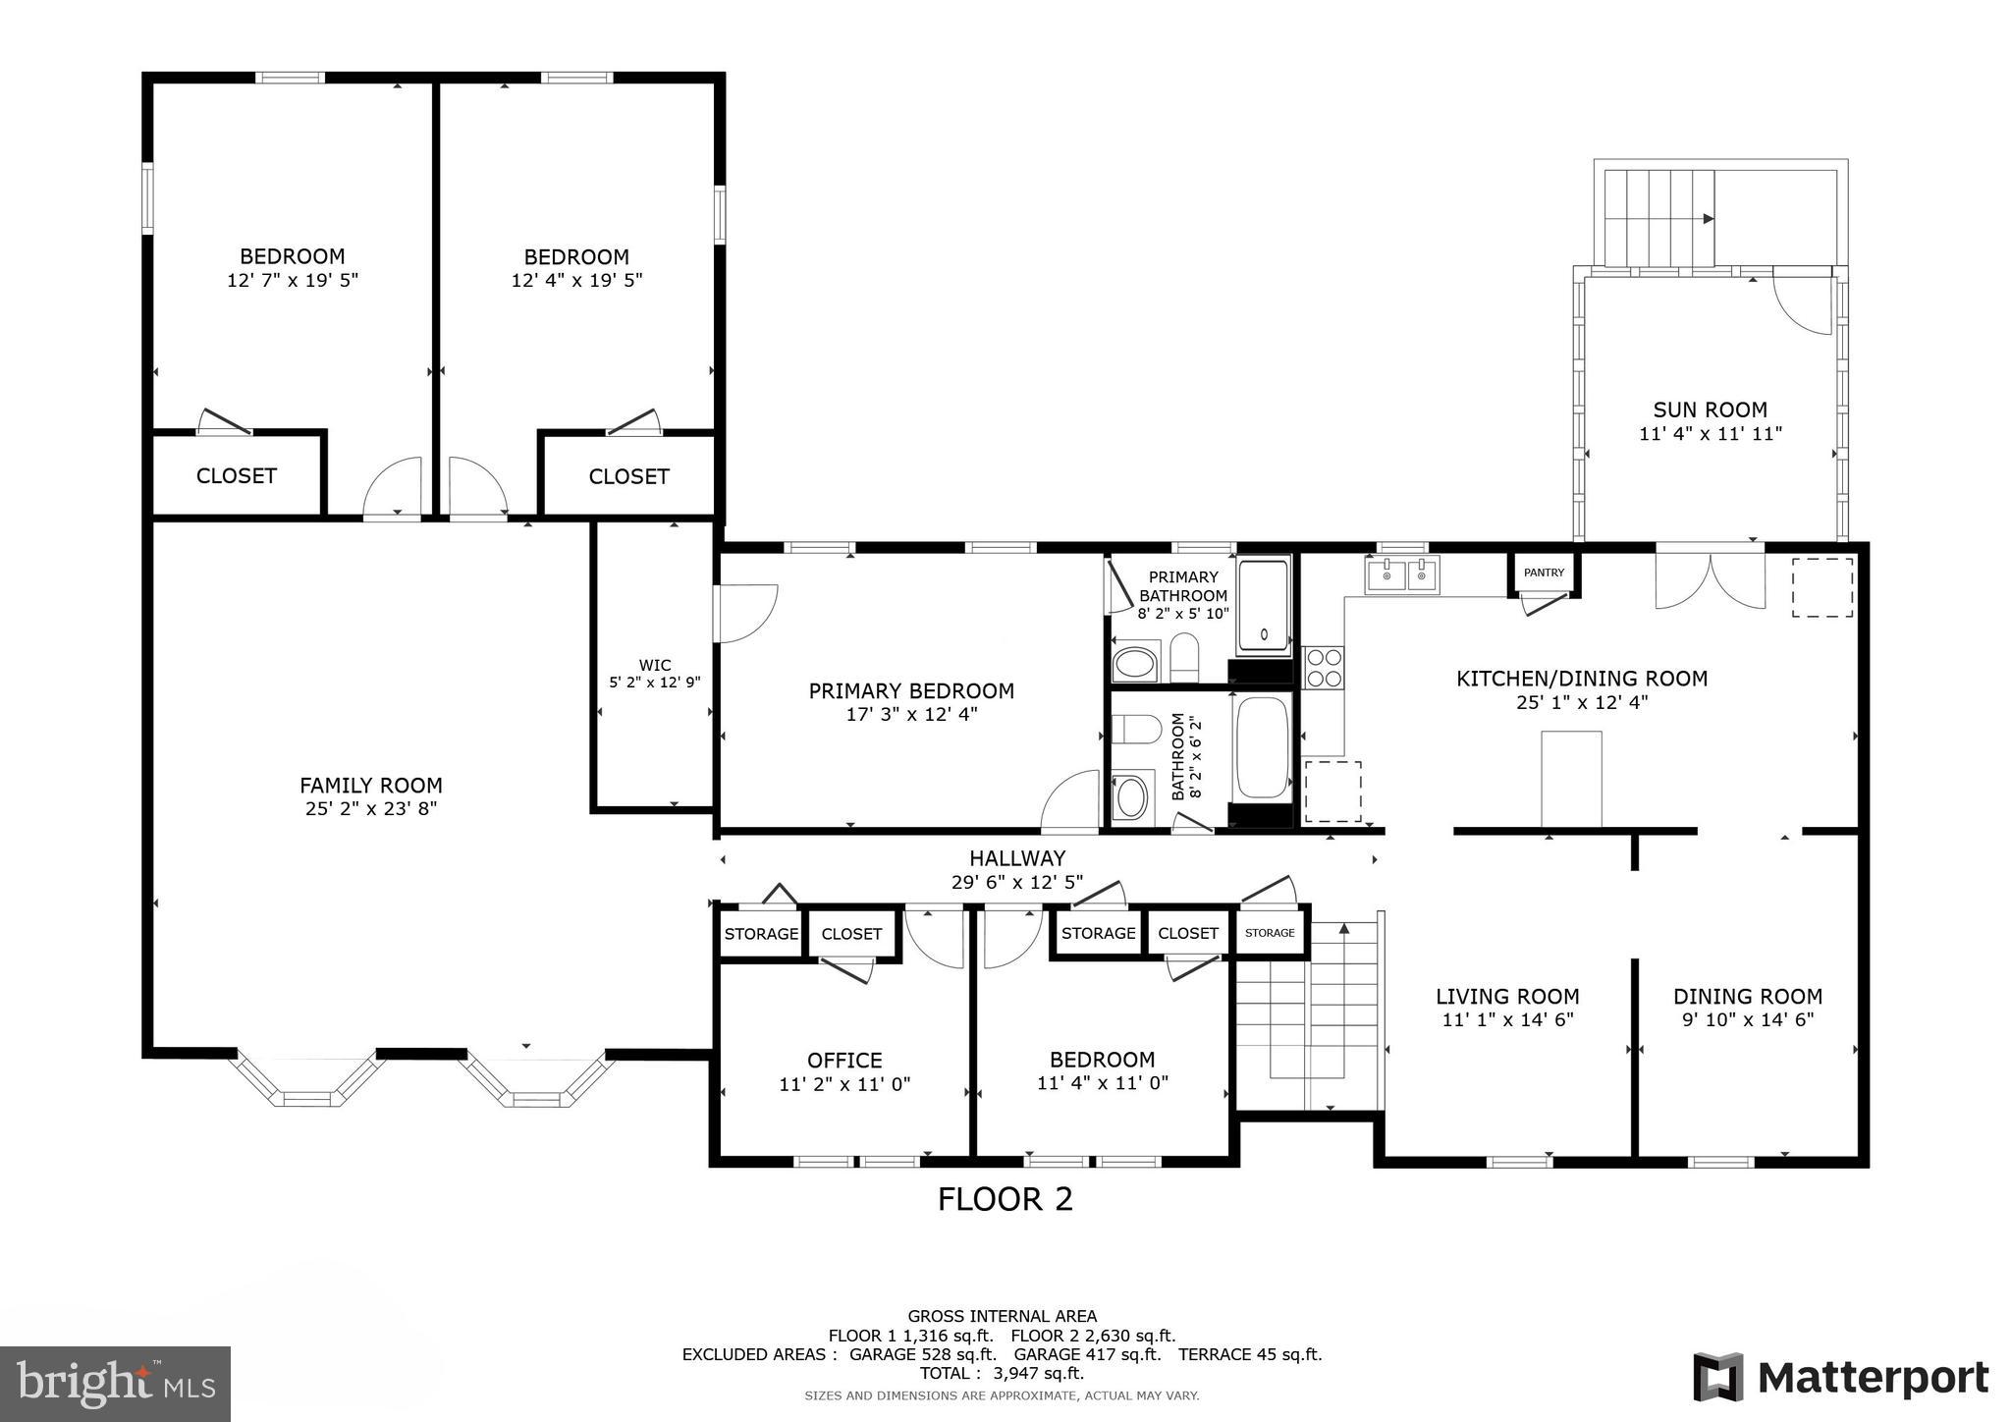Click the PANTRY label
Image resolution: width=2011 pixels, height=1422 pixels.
click(1544, 573)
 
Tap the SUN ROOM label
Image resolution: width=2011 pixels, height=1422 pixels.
click(1710, 410)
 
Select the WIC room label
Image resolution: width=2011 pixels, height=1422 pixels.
click(654, 666)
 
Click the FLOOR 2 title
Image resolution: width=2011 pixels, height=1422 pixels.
click(1005, 1199)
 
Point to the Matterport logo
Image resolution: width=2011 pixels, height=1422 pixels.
click(1840, 1378)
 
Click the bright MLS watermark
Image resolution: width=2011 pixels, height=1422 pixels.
click(115, 1384)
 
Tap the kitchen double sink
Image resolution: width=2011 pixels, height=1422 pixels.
click(1401, 575)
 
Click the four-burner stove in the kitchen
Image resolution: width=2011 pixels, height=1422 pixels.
click(1323, 668)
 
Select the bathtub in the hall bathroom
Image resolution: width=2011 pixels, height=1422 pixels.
click(1261, 748)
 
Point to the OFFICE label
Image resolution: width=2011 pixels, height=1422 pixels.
click(844, 1061)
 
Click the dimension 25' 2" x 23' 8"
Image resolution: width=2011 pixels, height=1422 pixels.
click(370, 809)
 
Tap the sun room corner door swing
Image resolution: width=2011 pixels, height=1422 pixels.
click(1803, 304)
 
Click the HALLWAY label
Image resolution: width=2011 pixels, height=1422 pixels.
click(1017, 859)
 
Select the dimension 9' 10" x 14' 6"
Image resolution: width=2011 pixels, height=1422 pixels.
click(1747, 1019)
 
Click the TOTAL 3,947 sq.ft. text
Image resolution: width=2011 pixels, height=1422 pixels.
click(1002, 1373)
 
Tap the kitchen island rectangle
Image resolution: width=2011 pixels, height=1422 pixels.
click(1571, 779)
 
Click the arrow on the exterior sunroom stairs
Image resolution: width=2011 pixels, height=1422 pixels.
click(1708, 219)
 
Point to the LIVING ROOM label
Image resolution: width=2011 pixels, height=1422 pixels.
click(1507, 997)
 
